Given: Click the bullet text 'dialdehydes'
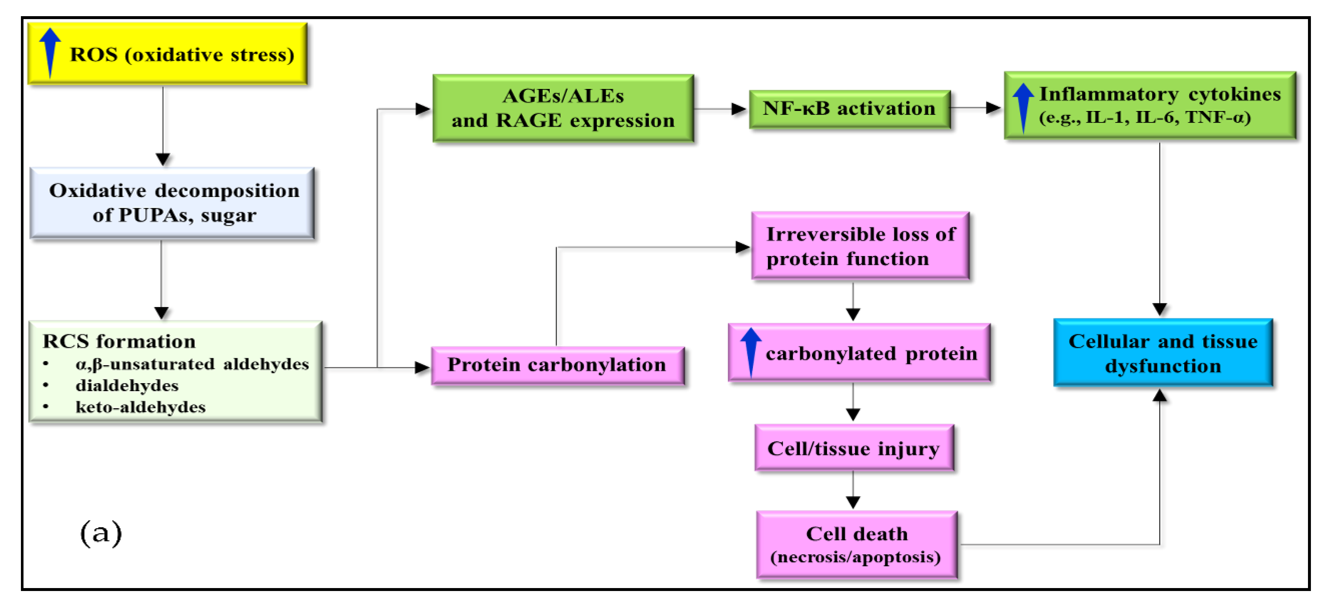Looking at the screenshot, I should (x=127, y=385).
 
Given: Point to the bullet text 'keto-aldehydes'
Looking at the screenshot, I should (x=141, y=407).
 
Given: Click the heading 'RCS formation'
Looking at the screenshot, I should (x=119, y=342).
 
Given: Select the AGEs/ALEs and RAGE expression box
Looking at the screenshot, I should (x=563, y=108).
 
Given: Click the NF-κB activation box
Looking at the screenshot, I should (x=849, y=108).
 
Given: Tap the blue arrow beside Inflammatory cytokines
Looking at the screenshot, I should (x=1023, y=108).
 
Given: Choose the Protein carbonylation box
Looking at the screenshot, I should (x=557, y=365).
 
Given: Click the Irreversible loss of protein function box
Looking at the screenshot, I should (x=860, y=246).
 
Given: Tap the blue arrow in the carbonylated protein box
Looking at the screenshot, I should (x=751, y=351).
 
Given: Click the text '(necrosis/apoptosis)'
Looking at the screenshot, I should (x=855, y=557).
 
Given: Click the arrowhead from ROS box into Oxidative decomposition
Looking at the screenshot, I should (x=163, y=159).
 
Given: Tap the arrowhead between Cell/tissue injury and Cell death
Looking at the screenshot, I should (x=853, y=501).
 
